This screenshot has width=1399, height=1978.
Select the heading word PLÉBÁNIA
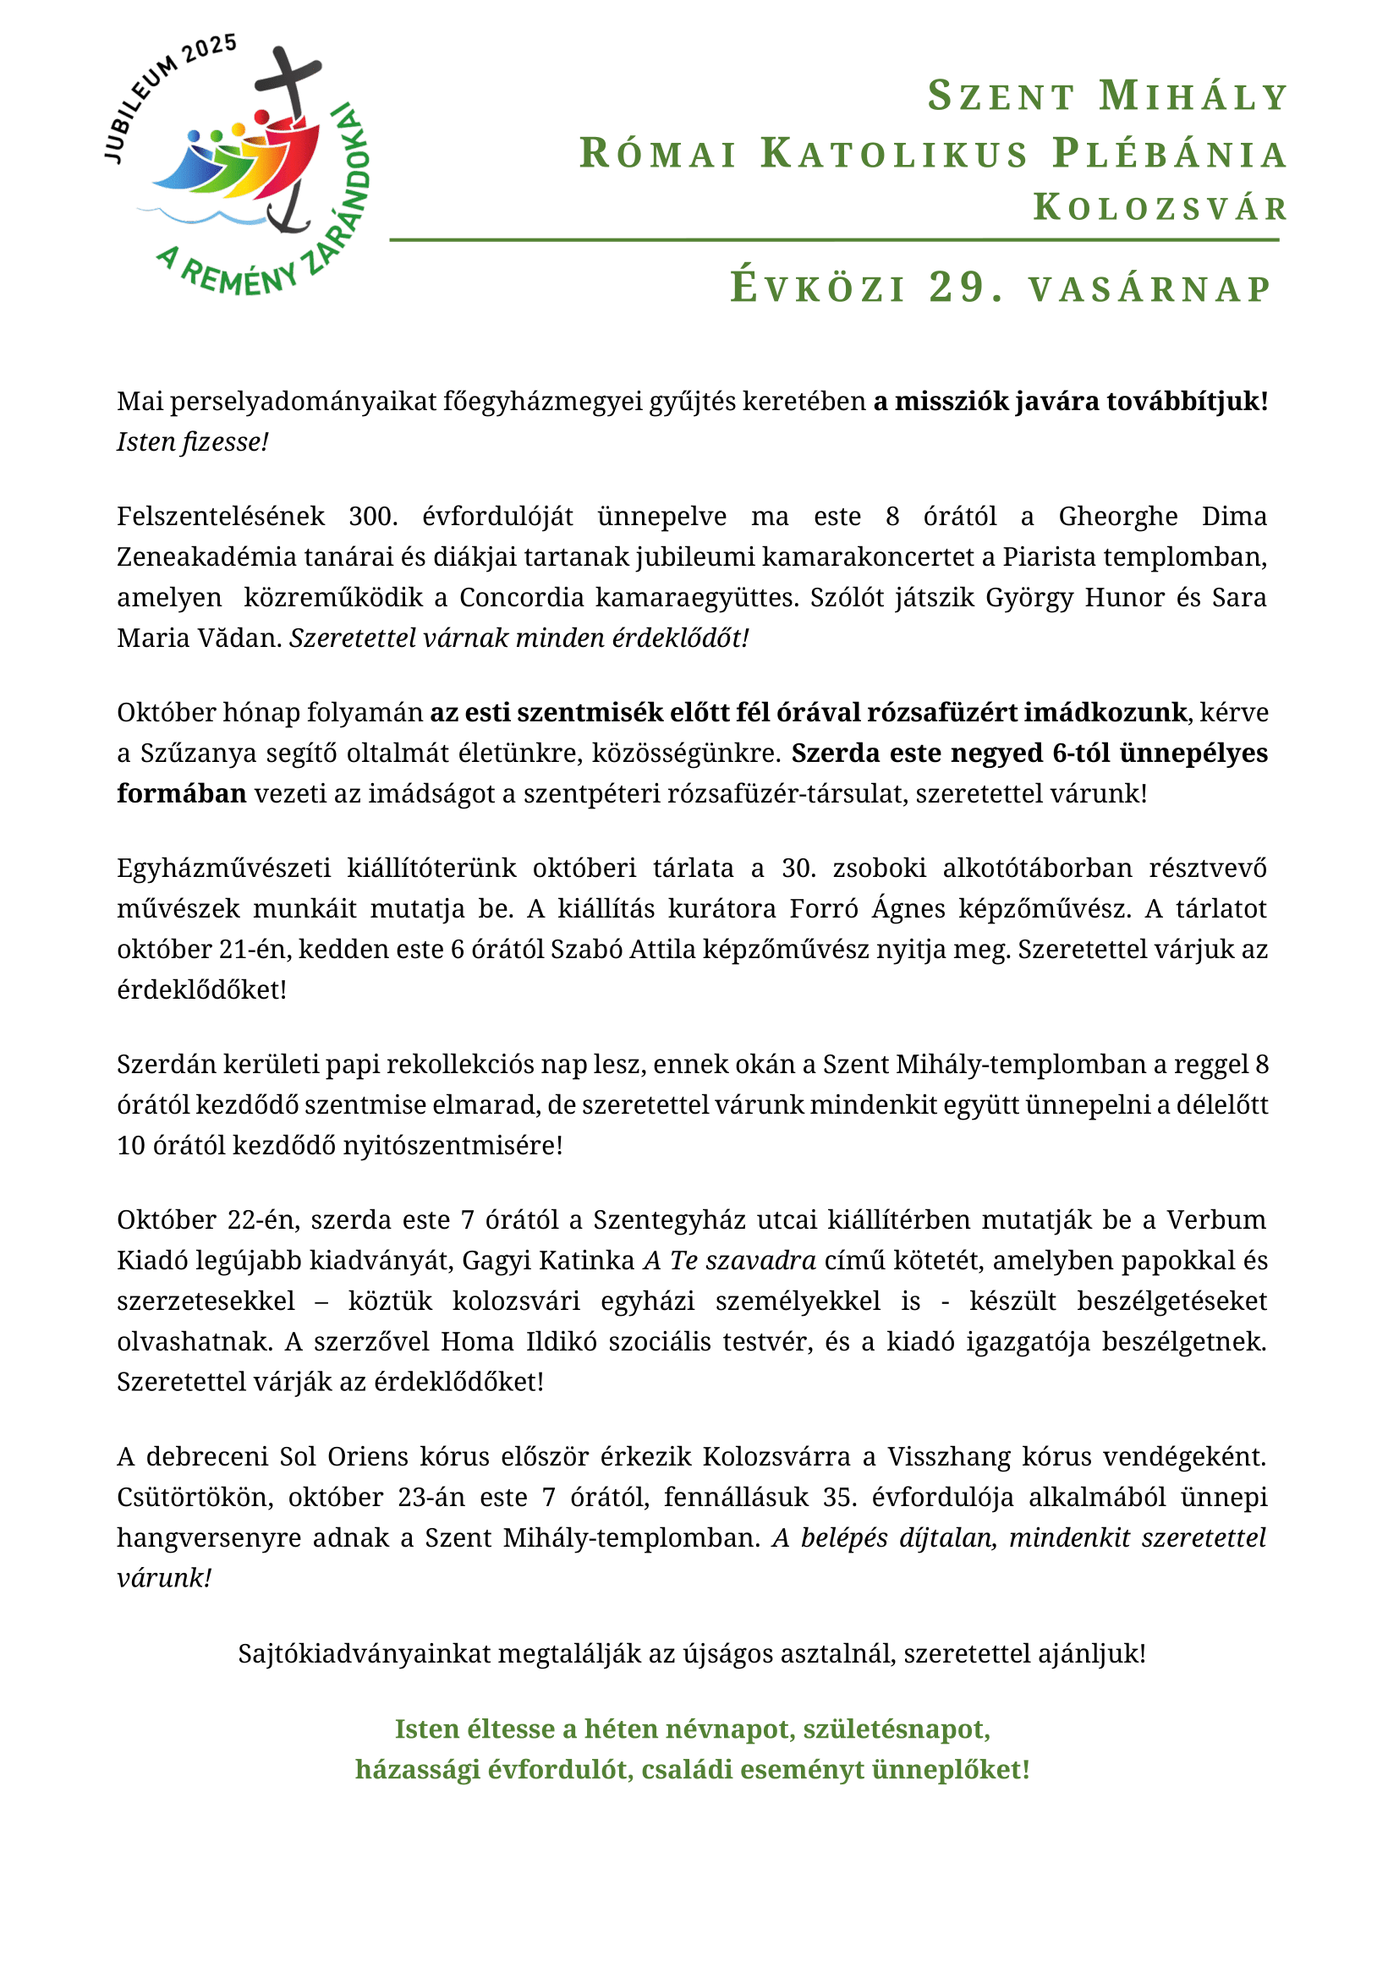[1170, 154]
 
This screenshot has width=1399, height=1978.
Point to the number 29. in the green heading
[966, 288]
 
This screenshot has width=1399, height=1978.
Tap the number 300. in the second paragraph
[373, 516]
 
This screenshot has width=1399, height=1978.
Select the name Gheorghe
[1117, 516]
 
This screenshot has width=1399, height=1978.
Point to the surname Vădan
[242, 638]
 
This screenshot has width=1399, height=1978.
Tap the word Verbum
[1216, 1220]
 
